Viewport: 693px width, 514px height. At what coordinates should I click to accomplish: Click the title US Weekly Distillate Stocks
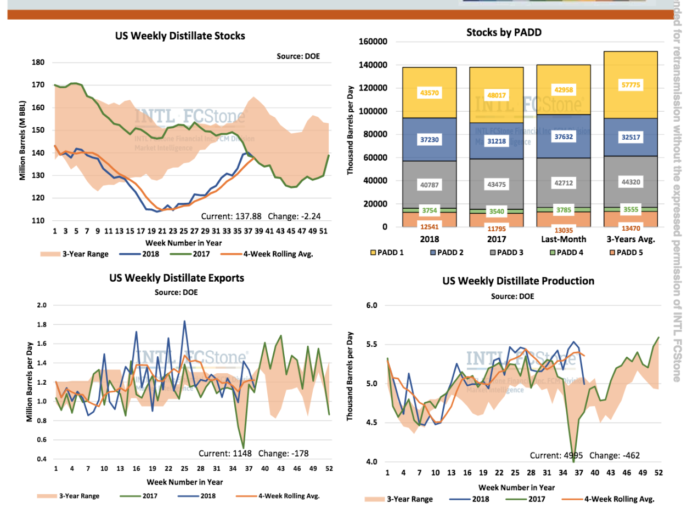(180, 36)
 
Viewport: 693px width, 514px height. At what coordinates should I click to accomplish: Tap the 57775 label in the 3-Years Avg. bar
(630, 85)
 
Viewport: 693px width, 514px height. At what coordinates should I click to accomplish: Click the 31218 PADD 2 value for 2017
(496, 141)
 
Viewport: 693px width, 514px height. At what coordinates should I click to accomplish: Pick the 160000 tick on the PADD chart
(373, 42)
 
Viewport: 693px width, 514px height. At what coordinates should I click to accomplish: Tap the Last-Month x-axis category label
(564, 239)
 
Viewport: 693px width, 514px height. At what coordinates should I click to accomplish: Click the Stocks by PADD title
(504, 32)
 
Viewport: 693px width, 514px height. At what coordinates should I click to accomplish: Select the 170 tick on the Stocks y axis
(38, 85)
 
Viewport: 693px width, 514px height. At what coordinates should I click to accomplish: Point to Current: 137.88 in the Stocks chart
(232, 216)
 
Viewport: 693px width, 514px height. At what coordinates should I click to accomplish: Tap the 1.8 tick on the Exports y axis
(42, 325)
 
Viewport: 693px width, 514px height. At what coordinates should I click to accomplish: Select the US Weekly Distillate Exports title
(177, 278)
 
